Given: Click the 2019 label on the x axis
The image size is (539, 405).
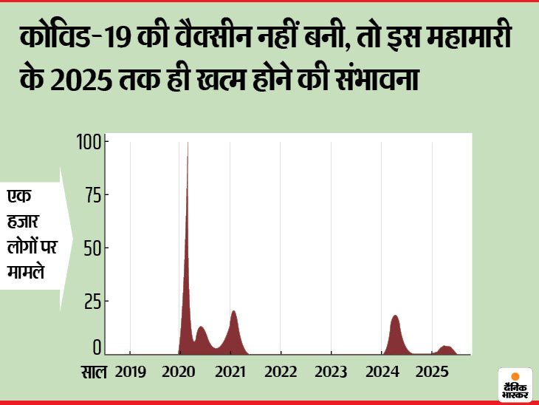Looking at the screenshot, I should (x=131, y=371).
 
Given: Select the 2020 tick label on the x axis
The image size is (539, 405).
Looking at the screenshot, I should (x=181, y=371).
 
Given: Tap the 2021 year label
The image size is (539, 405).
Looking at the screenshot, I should (x=231, y=371).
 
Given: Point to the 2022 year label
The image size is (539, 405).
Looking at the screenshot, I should (x=281, y=371).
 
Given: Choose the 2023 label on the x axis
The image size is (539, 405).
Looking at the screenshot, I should (x=332, y=371).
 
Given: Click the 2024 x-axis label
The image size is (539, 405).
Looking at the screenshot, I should (x=382, y=371).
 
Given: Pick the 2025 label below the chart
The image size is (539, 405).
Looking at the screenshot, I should (x=432, y=371).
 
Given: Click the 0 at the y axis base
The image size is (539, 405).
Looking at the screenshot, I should (x=96, y=347).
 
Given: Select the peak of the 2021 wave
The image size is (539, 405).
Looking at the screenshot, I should (x=233, y=313).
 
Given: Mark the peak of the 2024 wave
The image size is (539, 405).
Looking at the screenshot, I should (x=395, y=318).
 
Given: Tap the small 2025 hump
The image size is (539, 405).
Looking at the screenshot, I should (x=444, y=348).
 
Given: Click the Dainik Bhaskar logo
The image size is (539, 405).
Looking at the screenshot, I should (x=515, y=384).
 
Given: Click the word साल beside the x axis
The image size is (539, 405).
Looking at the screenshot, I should (x=93, y=371).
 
